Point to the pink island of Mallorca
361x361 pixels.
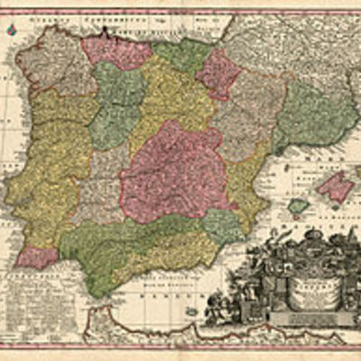point(334,187)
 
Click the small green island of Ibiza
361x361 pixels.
point(298,207)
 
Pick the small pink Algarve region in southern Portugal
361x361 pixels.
point(37,257)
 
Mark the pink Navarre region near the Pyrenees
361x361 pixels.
point(219,72)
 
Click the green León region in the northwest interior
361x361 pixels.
point(117,104)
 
